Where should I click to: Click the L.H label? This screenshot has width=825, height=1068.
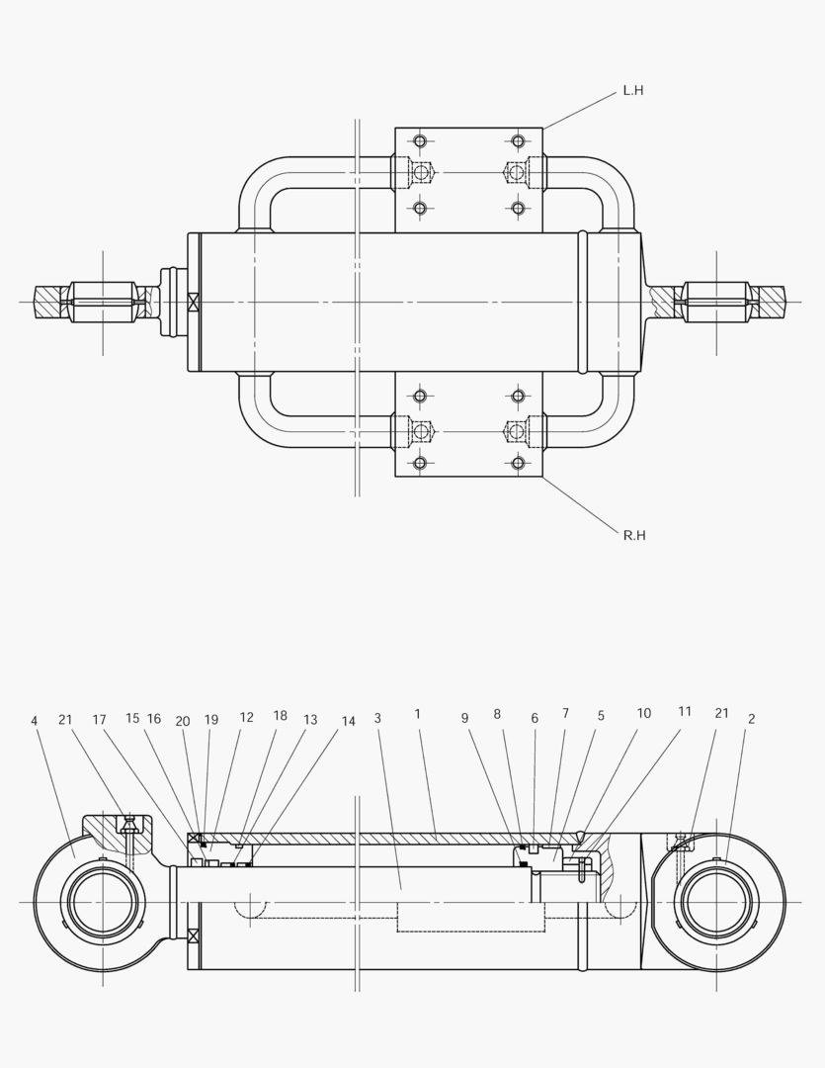tap(632, 91)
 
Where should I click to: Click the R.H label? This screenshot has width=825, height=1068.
tap(633, 536)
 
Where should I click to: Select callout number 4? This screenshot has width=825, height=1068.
tap(34, 721)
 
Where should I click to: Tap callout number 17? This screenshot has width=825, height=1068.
tap(99, 720)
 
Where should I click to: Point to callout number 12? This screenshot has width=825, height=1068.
tap(246, 718)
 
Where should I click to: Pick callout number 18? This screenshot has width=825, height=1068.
tap(280, 716)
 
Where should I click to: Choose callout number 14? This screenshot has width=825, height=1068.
tap(348, 722)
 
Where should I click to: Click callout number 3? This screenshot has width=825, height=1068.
tap(377, 718)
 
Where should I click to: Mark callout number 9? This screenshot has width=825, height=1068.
tap(464, 719)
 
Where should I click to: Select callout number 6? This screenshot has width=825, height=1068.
tap(535, 719)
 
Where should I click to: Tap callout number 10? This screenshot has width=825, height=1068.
tap(643, 713)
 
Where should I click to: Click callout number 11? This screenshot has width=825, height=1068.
tap(684, 712)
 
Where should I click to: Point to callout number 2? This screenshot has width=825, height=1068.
tap(751, 720)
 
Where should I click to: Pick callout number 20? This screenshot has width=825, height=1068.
tap(183, 722)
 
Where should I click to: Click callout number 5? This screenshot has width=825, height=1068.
tap(600, 715)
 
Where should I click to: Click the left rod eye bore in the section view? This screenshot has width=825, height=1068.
tap(102, 903)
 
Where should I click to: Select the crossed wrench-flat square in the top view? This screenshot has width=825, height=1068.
tap(194, 302)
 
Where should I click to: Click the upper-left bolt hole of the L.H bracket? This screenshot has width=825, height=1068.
tap(420, 141)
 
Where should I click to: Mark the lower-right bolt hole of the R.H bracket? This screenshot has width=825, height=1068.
tap(518, 463)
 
